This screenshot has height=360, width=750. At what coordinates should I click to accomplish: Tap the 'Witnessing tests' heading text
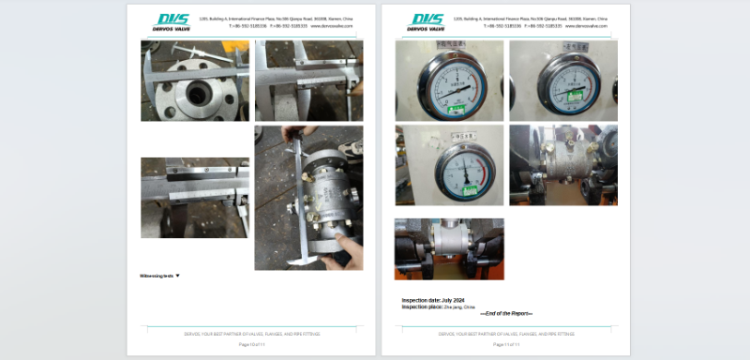[156, 276]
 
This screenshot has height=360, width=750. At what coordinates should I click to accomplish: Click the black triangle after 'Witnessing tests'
[178, 276]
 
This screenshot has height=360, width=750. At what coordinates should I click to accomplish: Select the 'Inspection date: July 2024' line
[433, 300]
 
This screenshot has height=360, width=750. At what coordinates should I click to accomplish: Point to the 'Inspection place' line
[439, 307]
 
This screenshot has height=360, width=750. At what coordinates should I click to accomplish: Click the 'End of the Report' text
[505, 313]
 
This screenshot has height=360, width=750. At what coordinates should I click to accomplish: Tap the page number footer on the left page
[251, 345]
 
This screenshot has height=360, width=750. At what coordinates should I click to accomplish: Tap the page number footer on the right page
[505, 345]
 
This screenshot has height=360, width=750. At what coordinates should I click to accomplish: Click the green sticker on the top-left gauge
[453, 108]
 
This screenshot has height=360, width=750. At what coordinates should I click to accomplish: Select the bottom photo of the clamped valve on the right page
[449, 248]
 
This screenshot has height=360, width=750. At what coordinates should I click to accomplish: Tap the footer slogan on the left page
[251, 333]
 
